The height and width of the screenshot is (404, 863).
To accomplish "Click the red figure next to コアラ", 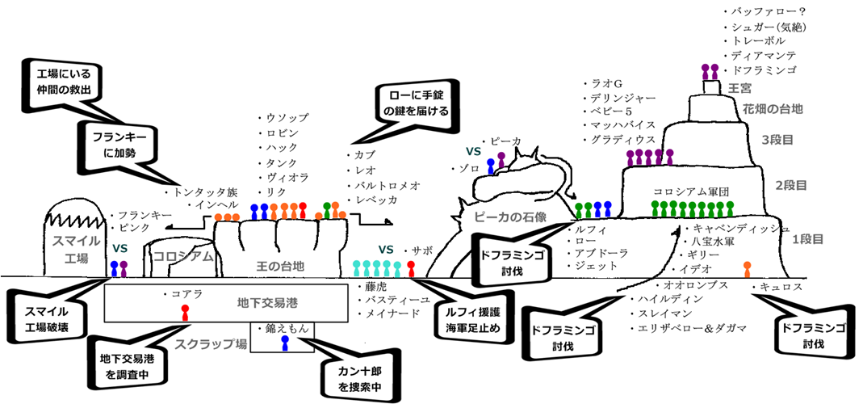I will click(x=185, y=312).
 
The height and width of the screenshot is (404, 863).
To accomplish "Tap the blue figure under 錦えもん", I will click(x=284, y=343).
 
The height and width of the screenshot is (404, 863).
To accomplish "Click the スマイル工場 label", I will click(x=77, y=250).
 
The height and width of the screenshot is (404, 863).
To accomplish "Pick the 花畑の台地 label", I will click(x=771, y=107).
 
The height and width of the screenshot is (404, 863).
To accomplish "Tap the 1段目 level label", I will click(x=806, y=239).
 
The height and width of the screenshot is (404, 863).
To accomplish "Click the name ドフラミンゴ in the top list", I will click(x=763, y=71).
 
